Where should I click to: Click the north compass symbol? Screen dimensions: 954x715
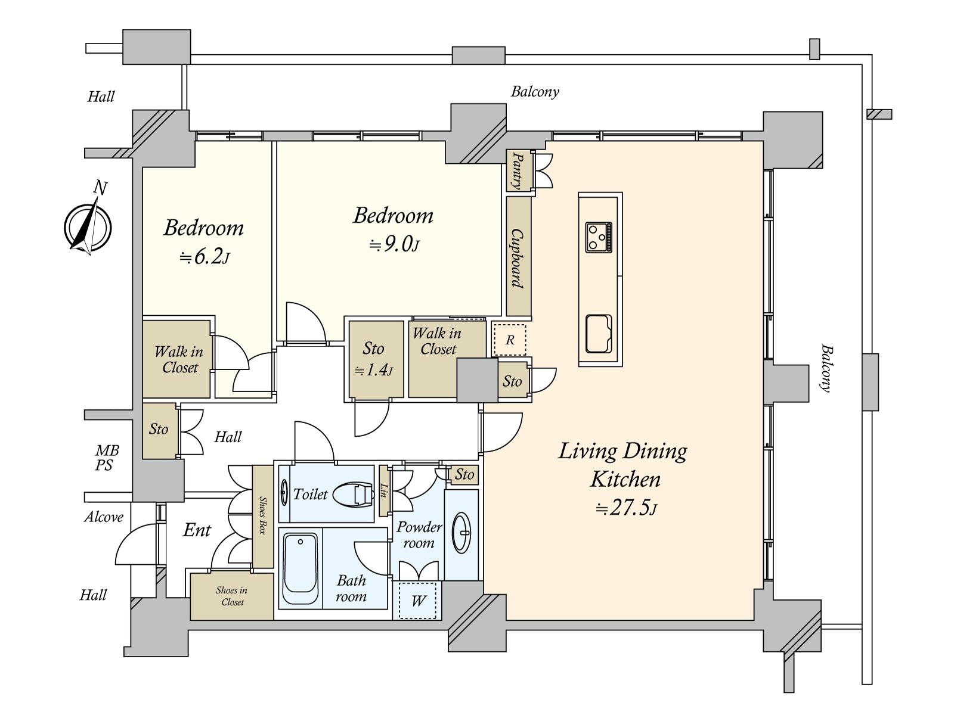[x=88, y=226]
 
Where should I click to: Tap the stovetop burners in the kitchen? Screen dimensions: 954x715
[x=599, y=237]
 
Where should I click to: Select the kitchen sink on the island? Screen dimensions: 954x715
[x=599, y=334]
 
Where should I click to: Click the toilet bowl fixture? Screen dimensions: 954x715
[x=354, y=495]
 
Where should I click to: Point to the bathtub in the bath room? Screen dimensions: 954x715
[x=301, y=563]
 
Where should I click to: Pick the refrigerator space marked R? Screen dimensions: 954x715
[x=509, y=340]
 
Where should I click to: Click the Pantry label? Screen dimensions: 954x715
[x=518, y=170]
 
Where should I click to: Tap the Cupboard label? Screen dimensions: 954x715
[x=517, y=258]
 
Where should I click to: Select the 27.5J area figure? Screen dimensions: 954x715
[x=626, y=508]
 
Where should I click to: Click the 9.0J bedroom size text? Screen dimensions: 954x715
[x=394, y=245]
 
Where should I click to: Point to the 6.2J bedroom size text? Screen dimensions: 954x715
[x=205, y=257]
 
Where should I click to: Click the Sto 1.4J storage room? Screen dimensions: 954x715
[x=376, y=359]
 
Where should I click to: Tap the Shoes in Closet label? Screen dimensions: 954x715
[x=232, y=596]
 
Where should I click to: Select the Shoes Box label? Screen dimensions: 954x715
[x=262, y=515]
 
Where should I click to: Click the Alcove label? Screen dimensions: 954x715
[x=104, y=517]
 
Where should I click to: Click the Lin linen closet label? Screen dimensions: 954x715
[x=383, y=491]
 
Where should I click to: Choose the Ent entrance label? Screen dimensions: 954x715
[x=197, y=530]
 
